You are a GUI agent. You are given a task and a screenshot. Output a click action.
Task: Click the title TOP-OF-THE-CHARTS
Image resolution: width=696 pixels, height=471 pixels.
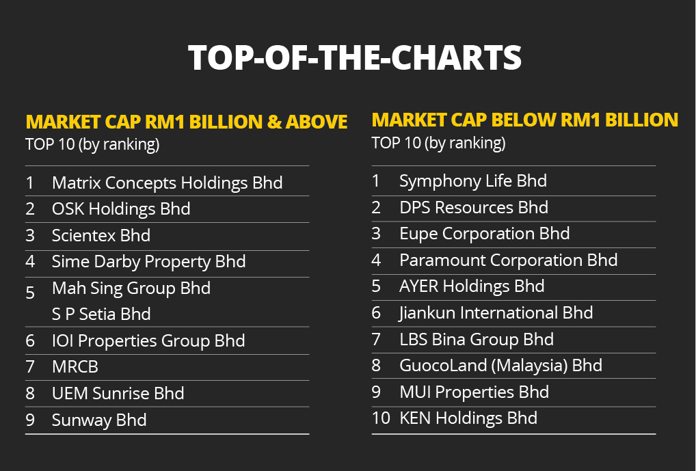click(x=354, y=58)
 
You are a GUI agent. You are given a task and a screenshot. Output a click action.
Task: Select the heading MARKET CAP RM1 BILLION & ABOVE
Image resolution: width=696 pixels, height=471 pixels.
click(x=187, y=122)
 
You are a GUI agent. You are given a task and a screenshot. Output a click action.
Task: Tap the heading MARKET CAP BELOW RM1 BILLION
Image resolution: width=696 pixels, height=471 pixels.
click(x=524, y=120)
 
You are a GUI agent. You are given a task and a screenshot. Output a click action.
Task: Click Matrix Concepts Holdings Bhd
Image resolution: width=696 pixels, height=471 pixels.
click(x=167, y=183)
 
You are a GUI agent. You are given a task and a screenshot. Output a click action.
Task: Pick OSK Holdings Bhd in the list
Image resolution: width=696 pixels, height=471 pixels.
click(x=121, y=208)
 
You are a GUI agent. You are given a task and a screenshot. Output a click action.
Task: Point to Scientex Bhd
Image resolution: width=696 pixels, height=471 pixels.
click(x=101, y=235)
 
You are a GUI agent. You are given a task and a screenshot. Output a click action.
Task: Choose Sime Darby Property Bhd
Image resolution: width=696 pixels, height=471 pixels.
click(x=148, y=261)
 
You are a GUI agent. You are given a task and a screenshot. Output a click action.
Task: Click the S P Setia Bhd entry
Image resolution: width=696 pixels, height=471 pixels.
click(x=101, y=314)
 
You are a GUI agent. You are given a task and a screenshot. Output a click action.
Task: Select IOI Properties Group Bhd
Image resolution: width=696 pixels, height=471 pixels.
click(x=148, y=340)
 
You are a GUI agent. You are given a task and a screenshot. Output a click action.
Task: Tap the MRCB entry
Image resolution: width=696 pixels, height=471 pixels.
click(x=75, y=367)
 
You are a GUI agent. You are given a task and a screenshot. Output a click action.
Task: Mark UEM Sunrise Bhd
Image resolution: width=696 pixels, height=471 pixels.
click(x=118, y=393)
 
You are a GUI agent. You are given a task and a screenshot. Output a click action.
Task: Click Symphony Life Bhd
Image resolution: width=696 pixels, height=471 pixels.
click(x=473, y=181)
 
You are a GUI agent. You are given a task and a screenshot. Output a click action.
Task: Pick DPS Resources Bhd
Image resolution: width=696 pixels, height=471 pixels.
click(x=474, y=207)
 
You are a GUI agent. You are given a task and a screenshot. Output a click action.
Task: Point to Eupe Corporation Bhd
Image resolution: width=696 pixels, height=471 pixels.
click(x=484, y=233)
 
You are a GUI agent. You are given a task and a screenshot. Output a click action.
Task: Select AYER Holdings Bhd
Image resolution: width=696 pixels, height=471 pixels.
click(x=472, y=286)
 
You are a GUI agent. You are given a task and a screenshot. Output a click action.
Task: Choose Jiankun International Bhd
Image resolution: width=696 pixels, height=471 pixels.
click(x=496, y=312)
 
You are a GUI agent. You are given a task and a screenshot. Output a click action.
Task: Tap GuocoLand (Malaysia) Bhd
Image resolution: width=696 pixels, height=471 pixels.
click(x=500, y=365)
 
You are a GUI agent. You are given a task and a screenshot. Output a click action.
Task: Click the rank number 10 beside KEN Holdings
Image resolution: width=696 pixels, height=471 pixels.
click(x=380, y=418)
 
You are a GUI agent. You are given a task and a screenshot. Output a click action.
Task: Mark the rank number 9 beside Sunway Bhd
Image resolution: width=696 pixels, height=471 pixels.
click(x=30, y=420)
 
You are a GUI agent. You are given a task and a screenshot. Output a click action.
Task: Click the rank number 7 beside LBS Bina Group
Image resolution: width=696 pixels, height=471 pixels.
click(x=376, y=339)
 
